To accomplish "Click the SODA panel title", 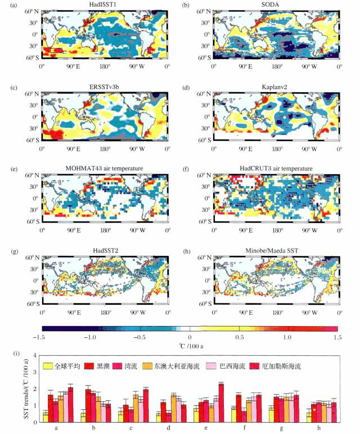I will [275, 4].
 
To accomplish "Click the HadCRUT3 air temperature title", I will [275, 168].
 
